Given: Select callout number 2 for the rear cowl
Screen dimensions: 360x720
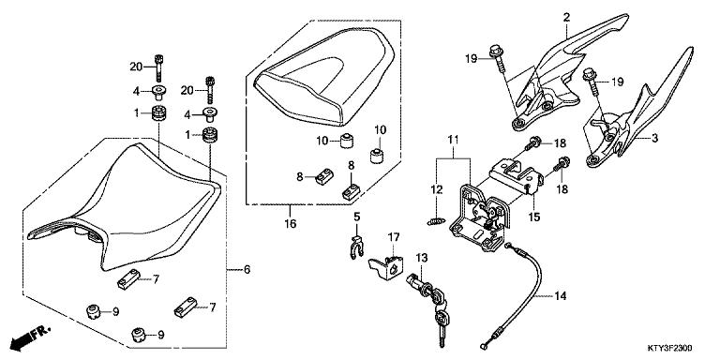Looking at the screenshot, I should (x=566, y=17).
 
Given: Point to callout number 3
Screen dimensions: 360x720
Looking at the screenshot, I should (x=655, y=138).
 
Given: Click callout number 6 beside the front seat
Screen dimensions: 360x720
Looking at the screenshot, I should (x=247, y=270).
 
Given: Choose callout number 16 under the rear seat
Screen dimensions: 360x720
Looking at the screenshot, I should (x=291, y=225).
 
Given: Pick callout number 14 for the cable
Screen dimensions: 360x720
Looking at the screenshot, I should (x=561, y=297).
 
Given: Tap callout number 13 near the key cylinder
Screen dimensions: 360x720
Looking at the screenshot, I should (x=421, y=257).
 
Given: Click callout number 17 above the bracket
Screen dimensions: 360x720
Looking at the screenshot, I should (x=395, y=236).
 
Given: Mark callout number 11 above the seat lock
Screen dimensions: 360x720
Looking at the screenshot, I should (x=453, y=140).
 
